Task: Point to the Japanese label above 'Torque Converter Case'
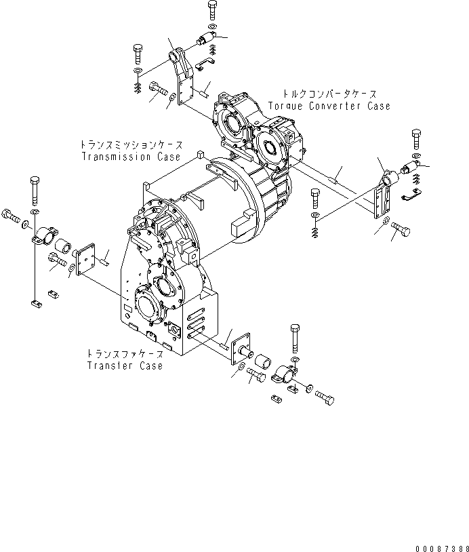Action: (329, 94)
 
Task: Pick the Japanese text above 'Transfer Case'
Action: (125, 354)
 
